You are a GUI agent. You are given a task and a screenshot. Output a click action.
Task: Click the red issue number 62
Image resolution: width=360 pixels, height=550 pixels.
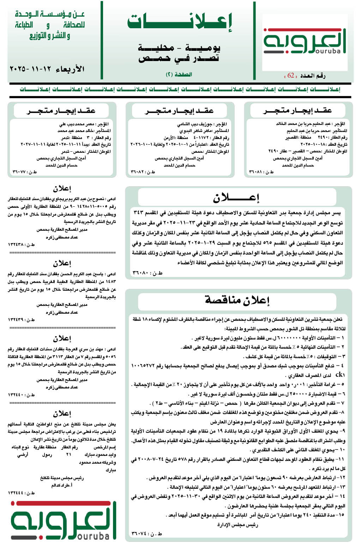point(291,75)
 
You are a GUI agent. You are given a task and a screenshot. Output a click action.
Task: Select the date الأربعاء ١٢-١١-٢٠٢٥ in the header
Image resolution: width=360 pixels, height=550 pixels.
point(47,68)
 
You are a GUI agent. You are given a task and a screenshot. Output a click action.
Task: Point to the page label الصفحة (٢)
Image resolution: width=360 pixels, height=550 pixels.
point(179,74)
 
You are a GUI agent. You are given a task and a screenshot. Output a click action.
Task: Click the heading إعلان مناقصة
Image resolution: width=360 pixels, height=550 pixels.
point(237,300)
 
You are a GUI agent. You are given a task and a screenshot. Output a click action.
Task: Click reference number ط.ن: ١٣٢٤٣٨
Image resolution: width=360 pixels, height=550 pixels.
point(22,244)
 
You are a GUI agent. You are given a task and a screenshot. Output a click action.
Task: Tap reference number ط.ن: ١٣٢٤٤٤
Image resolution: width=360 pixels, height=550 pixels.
point(22,492)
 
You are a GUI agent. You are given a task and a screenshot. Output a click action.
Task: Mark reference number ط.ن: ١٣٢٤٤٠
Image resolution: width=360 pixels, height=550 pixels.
point(22,395)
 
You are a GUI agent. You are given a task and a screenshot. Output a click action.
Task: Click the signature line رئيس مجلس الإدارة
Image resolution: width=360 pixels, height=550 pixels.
point(238,525)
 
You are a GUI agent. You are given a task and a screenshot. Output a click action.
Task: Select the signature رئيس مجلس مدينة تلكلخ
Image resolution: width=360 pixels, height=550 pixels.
point(62,478)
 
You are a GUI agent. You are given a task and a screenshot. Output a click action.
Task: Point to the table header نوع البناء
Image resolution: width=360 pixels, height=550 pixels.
point(20,447)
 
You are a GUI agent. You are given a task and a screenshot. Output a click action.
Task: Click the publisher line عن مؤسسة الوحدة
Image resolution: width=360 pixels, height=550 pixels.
point(50,14)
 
